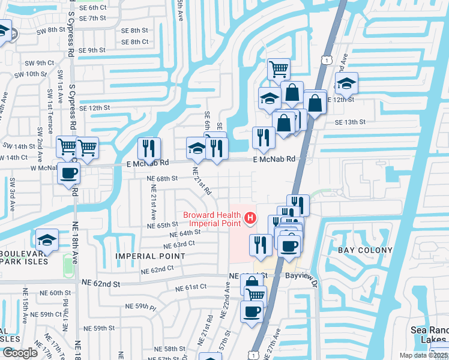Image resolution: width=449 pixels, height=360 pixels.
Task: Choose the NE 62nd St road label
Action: click(96, 283)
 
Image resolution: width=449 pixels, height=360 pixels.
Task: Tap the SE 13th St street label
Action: click(349, 122)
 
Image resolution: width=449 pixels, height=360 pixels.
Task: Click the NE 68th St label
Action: click(163, 178)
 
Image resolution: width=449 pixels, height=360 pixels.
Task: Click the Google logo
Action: click(20, 353)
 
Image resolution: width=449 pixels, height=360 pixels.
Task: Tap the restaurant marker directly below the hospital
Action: click(260, 244)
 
